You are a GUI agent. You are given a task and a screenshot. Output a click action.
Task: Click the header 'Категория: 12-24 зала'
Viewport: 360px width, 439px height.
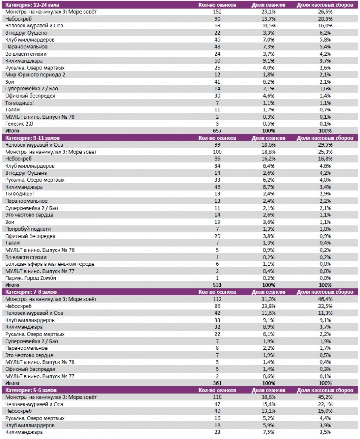[x=32, y=5]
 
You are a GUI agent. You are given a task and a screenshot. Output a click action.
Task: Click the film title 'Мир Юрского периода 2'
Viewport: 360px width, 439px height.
[x=35, y=75]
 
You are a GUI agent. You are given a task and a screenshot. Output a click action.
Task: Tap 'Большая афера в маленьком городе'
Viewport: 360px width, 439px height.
[x=50, y=264]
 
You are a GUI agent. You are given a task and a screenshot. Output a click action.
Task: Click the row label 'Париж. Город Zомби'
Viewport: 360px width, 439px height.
[x=30, y=278]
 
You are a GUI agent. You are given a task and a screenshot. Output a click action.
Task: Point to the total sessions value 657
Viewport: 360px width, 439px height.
[x=217, y=131]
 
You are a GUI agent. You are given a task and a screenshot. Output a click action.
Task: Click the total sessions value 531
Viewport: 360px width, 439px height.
[x=217, y=285]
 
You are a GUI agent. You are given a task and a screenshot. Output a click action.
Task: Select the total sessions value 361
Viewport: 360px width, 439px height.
[x=217, y=383]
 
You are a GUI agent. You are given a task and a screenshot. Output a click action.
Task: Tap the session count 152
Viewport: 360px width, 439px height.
[x=217, y=12]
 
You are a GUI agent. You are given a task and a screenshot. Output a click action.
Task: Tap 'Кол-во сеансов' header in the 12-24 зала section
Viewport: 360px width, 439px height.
[x=217, y=5]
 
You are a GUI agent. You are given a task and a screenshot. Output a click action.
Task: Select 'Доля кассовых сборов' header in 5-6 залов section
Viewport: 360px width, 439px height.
[x=325, y=390]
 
